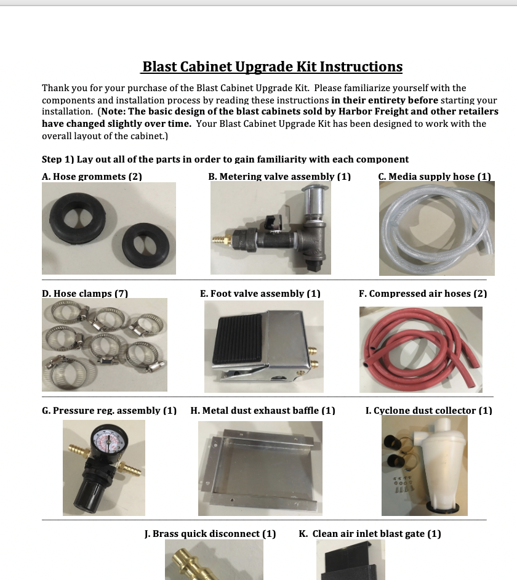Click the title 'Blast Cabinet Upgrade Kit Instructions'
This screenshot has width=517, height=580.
point(272,66)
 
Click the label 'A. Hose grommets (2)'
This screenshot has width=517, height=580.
point(92,176)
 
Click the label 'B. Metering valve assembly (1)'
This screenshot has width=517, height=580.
point(279,176)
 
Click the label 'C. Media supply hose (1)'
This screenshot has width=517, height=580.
point(435,176)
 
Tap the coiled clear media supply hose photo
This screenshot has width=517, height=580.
point(436,228)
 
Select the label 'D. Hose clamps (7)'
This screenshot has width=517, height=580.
point(85,293)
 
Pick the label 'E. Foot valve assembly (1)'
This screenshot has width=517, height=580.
point(260,293)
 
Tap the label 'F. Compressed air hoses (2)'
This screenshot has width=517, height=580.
point(423,293)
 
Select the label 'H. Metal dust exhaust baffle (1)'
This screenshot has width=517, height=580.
point(263,410)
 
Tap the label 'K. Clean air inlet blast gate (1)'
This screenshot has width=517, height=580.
point(369,533)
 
